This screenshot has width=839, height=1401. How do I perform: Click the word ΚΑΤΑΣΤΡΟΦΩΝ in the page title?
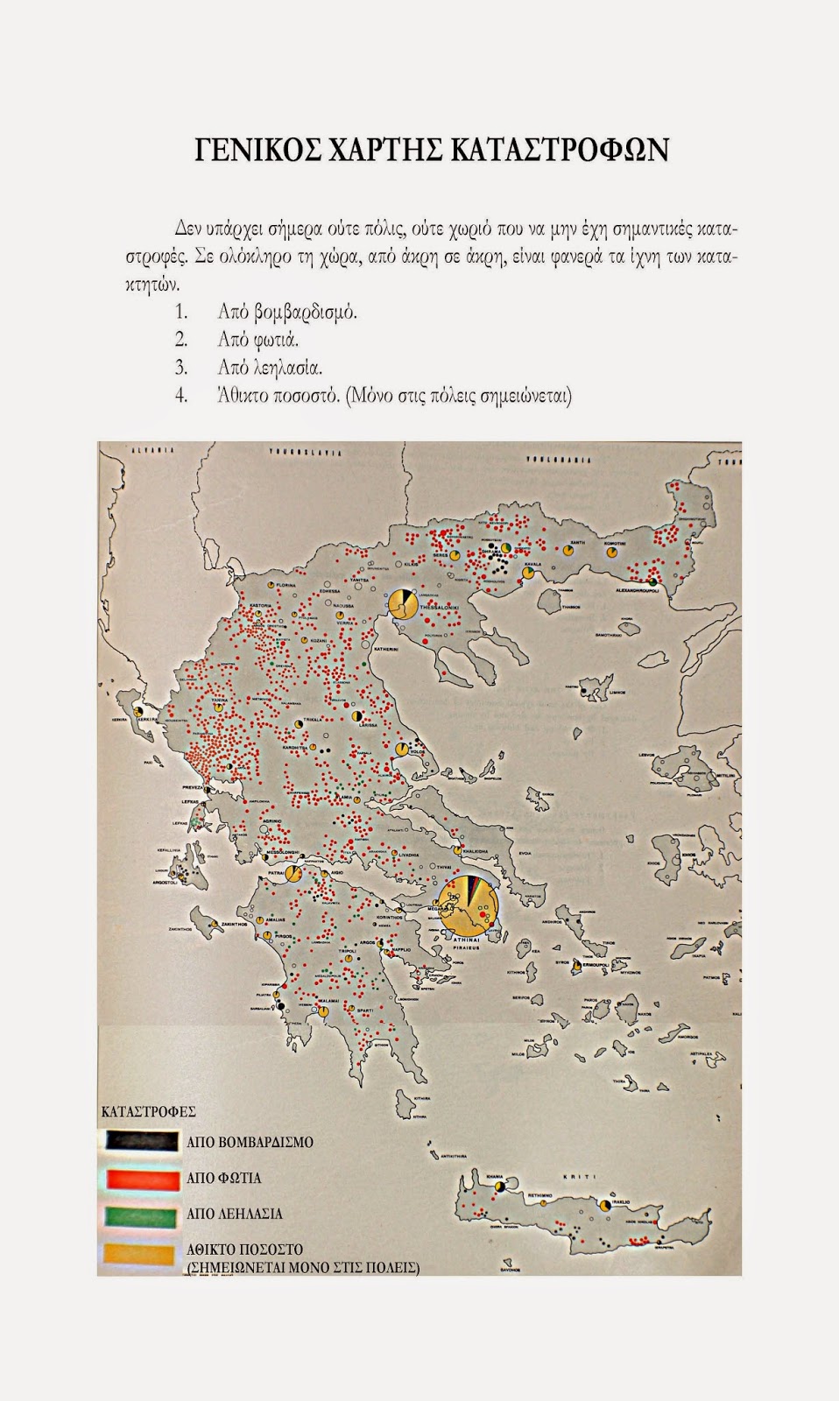(x=560, y=150)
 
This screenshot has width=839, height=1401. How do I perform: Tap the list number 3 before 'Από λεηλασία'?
(x=181, y=368)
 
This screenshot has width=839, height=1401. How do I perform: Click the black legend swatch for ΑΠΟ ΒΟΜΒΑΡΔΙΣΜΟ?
(x=140, y=1141)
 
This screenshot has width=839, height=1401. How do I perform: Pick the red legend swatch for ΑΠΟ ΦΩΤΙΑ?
(x=140, y=1179)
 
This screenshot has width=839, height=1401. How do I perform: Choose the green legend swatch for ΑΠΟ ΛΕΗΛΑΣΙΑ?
(x=140, y=1215)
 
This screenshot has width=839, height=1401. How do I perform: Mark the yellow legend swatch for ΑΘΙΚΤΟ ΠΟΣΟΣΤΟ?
(x=140, y=1253)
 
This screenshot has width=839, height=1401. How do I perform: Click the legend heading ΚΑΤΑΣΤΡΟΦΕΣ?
(x=149, y=1112)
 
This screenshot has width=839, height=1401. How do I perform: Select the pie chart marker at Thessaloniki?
(x=402, y=603)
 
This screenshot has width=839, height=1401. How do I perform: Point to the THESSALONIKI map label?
(x=439, y=607)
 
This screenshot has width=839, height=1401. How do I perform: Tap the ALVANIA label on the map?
(x=153, y=450)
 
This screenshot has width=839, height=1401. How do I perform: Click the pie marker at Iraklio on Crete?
(x=605, y=1205)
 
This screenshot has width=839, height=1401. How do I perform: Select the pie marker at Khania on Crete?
(x=500, y=1186)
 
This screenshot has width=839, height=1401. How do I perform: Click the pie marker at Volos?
(x=401, y=750)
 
